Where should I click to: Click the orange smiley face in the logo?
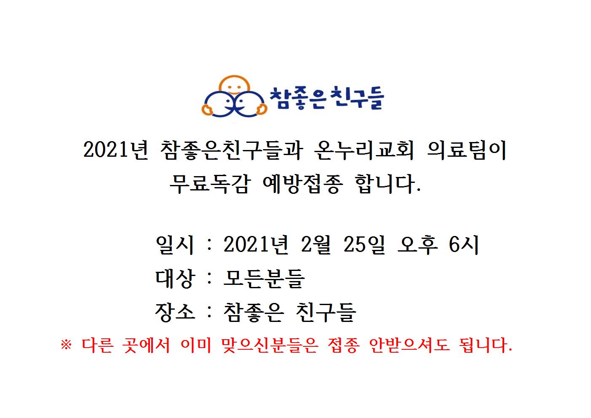pos(234,85)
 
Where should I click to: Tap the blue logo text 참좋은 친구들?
pos(326,98)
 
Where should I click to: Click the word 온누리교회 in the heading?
pos(364,150)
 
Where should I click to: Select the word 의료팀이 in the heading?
pos(466,150)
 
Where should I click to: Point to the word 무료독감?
pos(210,184)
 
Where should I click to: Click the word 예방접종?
pos(302,184)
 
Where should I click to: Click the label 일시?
pos(175,245)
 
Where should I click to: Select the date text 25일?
pos(364,245)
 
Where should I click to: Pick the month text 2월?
pos(316,245)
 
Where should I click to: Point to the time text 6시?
pos(463,245)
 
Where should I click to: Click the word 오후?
pos(417,245)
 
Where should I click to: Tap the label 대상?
pos(175,279)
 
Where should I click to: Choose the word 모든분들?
pos(264,279)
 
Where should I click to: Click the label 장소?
pos(175,312)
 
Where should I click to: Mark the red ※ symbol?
pos(66,345)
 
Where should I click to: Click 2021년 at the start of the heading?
pos(115,150)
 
